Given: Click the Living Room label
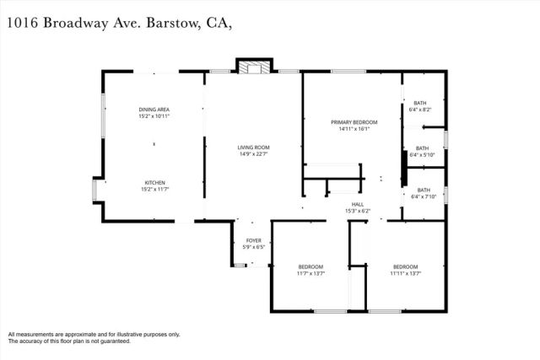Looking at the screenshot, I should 253,148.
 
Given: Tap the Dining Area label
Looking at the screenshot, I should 154,110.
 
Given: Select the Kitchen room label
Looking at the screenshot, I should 154,182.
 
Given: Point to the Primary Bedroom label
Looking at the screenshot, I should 353,122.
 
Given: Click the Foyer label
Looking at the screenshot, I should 253,240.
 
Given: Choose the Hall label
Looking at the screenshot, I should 358,204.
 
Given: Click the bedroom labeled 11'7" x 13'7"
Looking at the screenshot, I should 310,267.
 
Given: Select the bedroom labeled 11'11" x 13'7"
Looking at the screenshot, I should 406,267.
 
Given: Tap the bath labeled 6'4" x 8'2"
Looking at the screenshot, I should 420,103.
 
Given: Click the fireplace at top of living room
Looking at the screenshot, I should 252,67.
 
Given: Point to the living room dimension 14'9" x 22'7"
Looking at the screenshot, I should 253,154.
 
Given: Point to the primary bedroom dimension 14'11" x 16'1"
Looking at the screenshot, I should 353,129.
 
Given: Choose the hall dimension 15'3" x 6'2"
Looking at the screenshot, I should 358,211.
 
